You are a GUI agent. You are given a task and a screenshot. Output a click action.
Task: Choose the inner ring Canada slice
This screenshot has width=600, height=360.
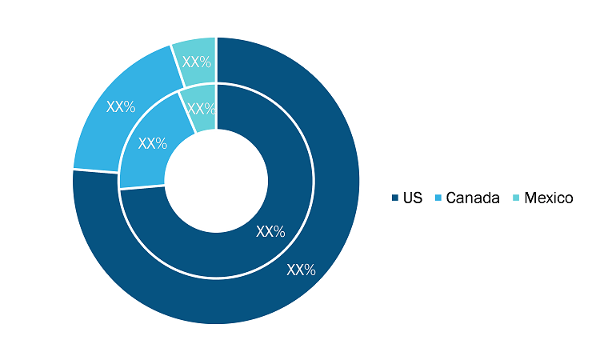coord(150,146)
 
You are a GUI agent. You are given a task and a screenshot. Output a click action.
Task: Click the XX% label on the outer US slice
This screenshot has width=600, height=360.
coord(301,270)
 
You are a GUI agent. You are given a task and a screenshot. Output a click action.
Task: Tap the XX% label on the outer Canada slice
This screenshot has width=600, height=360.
coord(121,106)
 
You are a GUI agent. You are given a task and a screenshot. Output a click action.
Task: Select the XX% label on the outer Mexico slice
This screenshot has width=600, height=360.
coord(197,62)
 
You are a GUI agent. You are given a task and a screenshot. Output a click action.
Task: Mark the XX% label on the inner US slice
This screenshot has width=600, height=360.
coord(270,231)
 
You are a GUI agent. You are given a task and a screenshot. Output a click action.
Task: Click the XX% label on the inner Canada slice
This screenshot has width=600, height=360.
coord(153,143)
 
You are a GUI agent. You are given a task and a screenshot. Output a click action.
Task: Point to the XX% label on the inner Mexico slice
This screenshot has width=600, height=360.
coord(202,109)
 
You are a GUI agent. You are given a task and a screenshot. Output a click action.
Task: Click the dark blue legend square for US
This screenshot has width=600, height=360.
coord(395,198)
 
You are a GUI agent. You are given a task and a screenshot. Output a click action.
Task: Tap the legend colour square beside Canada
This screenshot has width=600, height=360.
coord(438,198)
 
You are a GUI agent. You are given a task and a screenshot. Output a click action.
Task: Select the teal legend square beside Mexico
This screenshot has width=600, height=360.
coord(517,198)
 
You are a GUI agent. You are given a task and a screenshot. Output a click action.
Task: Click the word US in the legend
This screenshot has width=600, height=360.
coord(413,198)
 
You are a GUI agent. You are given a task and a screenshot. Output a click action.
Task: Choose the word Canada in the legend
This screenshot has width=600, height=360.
coord(473,198)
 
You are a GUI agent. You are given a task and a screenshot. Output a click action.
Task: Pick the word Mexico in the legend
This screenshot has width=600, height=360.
coord(549,198)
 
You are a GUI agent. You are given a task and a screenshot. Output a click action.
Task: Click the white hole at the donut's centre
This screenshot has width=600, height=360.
coord(216,181)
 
